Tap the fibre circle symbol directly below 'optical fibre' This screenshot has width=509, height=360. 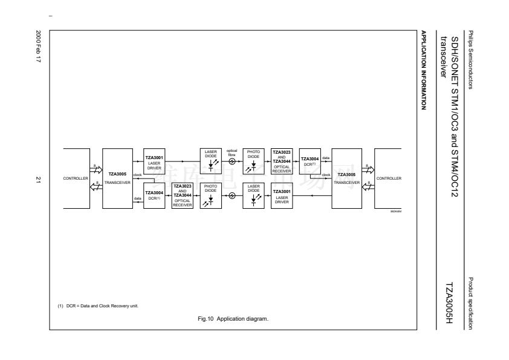click(x=232, y=162)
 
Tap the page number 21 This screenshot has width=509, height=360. click(x=40, y=179)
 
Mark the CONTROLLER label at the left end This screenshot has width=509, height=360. click(x=76, y=179)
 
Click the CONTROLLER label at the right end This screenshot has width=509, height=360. click(x=388, y=179)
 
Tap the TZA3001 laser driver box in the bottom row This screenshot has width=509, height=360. click(x=281, y=196)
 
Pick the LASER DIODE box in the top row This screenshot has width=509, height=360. click(x=211, y=162)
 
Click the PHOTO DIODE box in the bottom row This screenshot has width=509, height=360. click(x=211, y=196)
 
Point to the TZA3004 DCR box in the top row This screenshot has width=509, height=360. click(x=309, y=162)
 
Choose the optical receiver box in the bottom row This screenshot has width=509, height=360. click(x=183, y=196)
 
